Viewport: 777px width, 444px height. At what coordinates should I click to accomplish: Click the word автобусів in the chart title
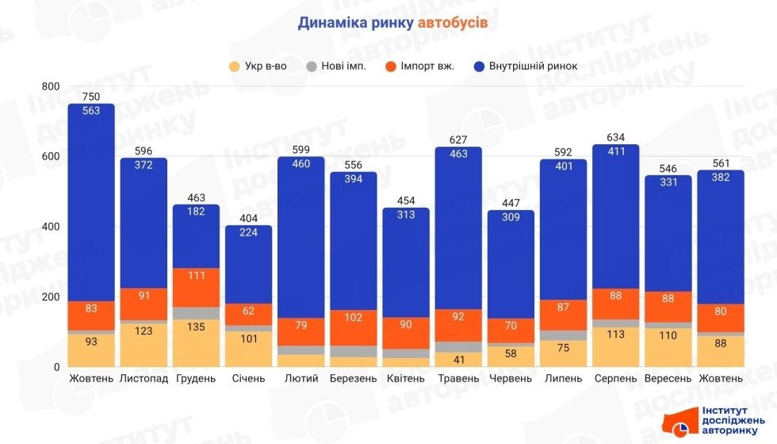tap(451, 22)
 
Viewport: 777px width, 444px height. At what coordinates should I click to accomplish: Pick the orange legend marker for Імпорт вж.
tap(390, 67)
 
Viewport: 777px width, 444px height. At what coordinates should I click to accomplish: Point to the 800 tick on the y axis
tap(51, 86)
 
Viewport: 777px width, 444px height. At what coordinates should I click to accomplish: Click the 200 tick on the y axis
tap(51, 297)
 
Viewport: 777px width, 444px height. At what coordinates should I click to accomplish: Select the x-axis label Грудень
tap(196, 379)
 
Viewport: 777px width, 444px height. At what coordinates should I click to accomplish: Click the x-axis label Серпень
tap(615, 379)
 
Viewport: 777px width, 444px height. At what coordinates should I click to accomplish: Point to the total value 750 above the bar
tap(91, 97)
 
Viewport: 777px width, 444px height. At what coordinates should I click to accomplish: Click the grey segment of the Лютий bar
tap(300, 350)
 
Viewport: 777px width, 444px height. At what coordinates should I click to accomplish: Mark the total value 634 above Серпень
tap(615, 136)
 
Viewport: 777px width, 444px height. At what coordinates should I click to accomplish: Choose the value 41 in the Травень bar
tap(458, 358)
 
